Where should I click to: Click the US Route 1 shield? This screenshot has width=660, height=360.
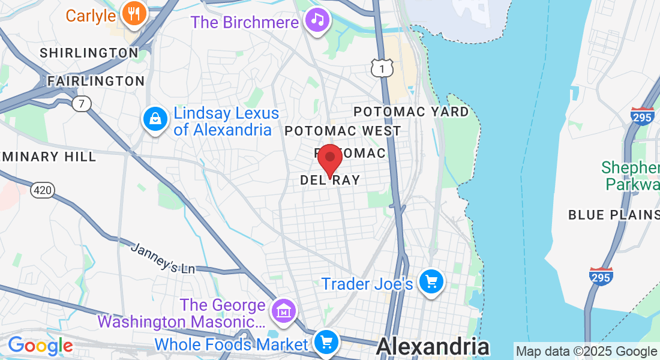click(382, 68)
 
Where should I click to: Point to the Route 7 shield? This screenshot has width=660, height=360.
click(81, 104)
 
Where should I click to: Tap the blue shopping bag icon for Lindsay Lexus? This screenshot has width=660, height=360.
click(155, 119)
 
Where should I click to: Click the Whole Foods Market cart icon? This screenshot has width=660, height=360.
click(326, 343)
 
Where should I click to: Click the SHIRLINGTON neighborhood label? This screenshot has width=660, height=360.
click(89, 53)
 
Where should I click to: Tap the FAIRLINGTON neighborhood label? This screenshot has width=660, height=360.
click(96, 81)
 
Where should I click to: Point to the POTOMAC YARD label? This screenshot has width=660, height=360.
click(411, 112)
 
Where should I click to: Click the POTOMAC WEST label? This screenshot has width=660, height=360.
click(343, 131)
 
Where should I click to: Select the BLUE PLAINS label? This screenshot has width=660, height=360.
click(613, 214)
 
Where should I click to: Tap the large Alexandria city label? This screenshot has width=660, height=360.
click(433, 347)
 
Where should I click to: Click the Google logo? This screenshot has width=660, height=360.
click(40, 346)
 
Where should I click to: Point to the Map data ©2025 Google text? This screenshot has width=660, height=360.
click(586, 352)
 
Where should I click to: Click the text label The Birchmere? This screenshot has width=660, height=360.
click(244, 22)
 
